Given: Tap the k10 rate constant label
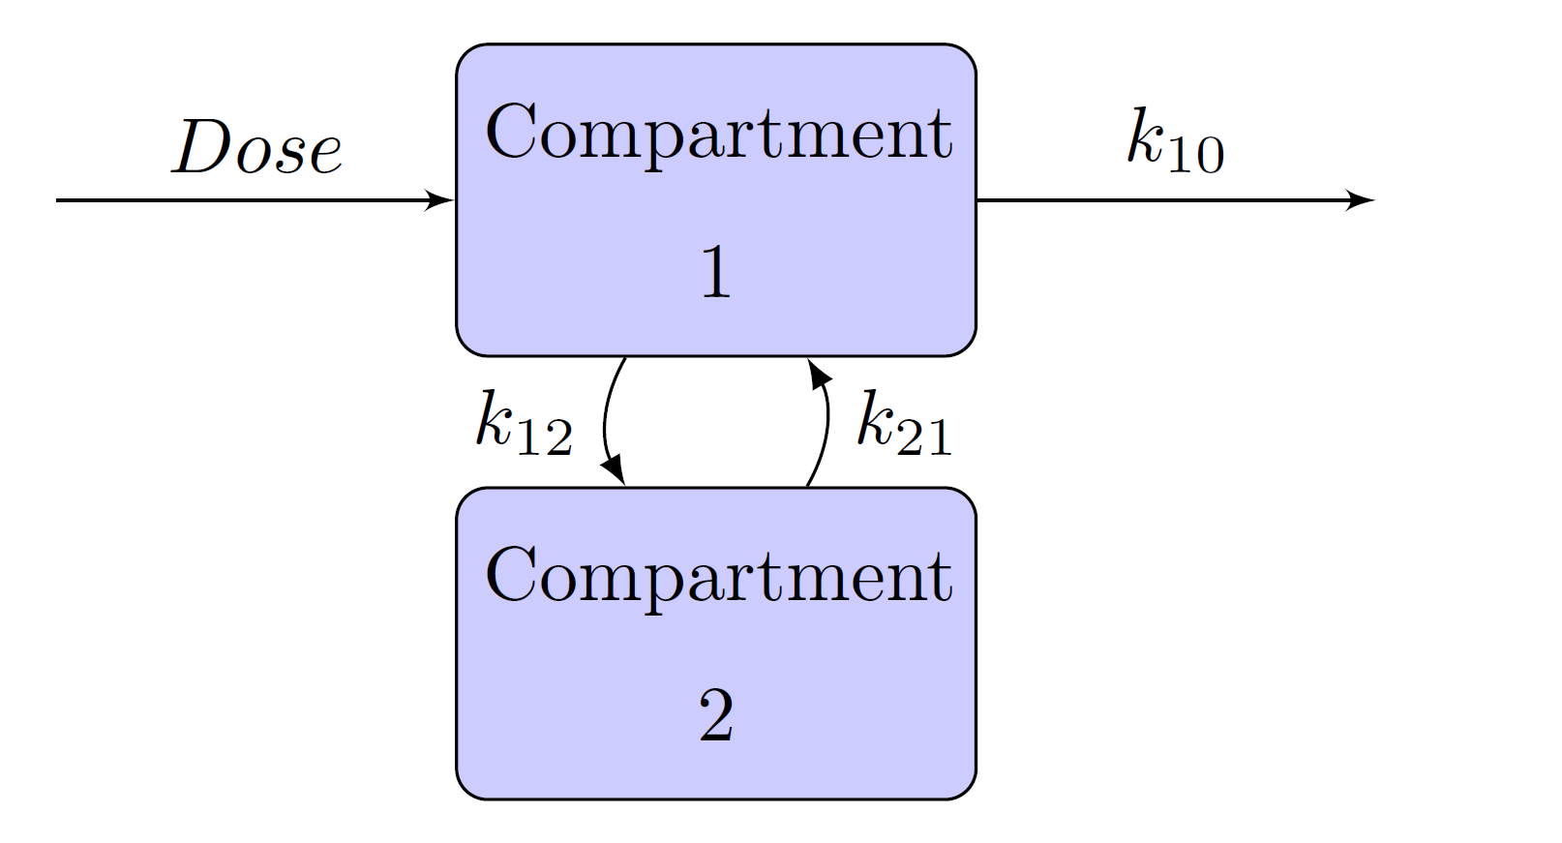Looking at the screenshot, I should (1175, 142).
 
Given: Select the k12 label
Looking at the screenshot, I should (524, 423).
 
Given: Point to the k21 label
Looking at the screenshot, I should (904, 423).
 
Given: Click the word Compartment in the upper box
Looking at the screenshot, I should (718, 134).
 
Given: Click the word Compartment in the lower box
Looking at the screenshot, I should (718, 577).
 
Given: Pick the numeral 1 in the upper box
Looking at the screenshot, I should (715, 272).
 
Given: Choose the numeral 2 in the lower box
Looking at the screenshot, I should (715, 716).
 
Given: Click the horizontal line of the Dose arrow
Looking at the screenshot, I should (242, 200).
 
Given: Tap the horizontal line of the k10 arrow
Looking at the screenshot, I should (1161, 200).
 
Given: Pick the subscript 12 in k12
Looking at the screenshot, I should (543, 437).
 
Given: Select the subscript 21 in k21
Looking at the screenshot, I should (924, 437).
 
